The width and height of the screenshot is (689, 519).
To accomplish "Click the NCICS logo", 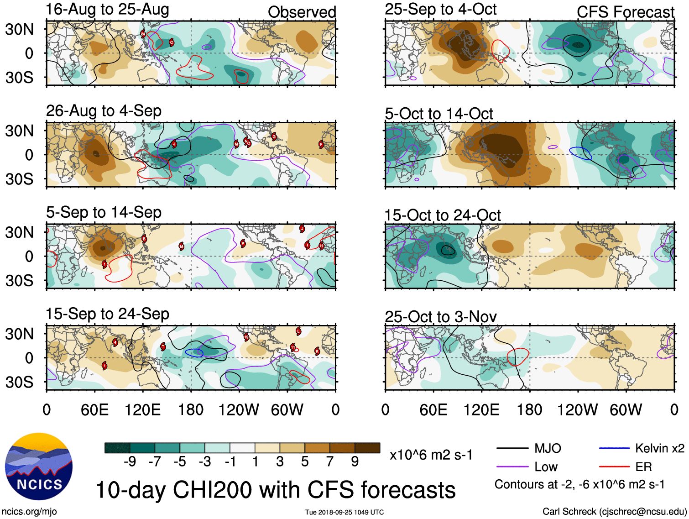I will [39, 466].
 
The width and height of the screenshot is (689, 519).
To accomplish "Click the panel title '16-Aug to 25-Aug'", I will [107, 9].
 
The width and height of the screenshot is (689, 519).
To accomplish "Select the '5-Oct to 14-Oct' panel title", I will [439, 114].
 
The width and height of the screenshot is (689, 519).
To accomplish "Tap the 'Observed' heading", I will [302, 12].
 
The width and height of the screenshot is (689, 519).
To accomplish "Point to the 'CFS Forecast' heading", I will [625, 12].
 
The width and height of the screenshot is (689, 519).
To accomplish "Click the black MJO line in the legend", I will [512, 448].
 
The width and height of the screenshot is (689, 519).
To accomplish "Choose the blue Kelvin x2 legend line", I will [614, 448].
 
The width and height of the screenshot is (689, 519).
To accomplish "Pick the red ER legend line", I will [614, 467].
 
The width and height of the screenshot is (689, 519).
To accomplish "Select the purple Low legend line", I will [512, 467].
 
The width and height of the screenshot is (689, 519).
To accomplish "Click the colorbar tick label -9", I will [130, 462].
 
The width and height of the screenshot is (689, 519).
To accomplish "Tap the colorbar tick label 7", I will [330, 462].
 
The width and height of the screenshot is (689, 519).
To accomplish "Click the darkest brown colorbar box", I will [367, 448].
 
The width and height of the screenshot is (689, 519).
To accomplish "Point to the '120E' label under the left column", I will [143, 410].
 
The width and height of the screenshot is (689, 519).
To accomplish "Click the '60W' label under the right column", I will [626, 410].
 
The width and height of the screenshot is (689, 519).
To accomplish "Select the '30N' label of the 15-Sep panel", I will [20, 334].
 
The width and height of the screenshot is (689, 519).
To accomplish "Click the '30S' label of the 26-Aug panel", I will [20, 179].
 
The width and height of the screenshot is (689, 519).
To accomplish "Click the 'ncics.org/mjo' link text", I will [29, 512].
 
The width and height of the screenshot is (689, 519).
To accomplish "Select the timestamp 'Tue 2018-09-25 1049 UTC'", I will [344, 512].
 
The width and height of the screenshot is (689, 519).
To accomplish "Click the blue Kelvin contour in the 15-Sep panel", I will [194, 352].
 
